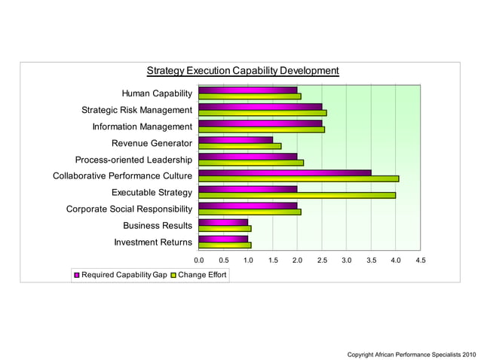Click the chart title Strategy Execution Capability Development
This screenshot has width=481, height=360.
pos(242,71)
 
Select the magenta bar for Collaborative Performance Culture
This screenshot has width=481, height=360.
pos(284,172)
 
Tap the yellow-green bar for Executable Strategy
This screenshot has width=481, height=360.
pos(296,195)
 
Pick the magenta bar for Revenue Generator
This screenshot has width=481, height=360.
pos(235,139)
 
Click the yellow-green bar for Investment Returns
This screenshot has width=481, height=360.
pos(225,245)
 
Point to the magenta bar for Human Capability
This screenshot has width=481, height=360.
pos(247,90)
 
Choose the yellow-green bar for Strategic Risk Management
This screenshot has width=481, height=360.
pos(262,113)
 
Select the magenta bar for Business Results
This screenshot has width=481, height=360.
pos(222,222)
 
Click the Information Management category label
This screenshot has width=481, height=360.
pos(142,127)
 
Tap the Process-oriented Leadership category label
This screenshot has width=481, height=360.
pos(133,160)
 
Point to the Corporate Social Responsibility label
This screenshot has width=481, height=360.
pos(129,209)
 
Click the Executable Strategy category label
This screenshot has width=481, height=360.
pos(152,192)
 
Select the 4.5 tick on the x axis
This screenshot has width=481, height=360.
pos(420,260)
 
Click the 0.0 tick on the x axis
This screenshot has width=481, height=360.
pos(199,260)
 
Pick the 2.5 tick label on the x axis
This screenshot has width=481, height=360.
pos(322,260)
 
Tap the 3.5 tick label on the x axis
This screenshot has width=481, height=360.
pos(371,260)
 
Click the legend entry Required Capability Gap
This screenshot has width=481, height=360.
pos(120,275)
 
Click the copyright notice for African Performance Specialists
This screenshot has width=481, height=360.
pos(411,353)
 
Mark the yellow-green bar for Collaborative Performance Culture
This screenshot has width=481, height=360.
pos(298,178)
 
